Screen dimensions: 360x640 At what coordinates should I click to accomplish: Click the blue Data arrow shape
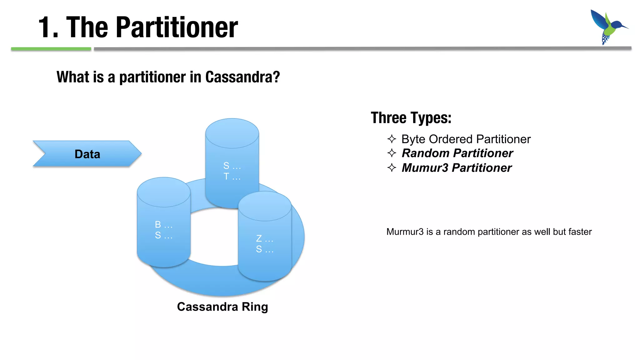(x=87, y=154)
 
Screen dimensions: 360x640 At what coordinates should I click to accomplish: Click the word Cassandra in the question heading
(x=242, y=77)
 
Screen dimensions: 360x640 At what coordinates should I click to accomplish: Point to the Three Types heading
(x=411, y=118)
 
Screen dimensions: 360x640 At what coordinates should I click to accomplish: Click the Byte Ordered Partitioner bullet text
(x=466, y=139)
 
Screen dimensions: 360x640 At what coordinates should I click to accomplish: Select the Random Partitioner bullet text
(x=457, y=153)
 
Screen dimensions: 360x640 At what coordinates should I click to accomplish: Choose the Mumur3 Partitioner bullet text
(x=456, y=168)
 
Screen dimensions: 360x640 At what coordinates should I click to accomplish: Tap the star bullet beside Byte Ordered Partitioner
(x=392, y=139)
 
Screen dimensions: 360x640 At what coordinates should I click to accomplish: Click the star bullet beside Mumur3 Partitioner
(x=392, y=167)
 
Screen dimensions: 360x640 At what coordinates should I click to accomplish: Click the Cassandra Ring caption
(x=222, y=307)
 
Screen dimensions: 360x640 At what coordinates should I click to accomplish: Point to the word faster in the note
(x=580, y=232)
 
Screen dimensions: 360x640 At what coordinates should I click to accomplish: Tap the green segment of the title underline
(x=51, y=49)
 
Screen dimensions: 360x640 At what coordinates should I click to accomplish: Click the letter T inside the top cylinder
(x=226, y=177)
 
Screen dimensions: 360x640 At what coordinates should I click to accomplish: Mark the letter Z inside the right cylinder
(x=259, y=238)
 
